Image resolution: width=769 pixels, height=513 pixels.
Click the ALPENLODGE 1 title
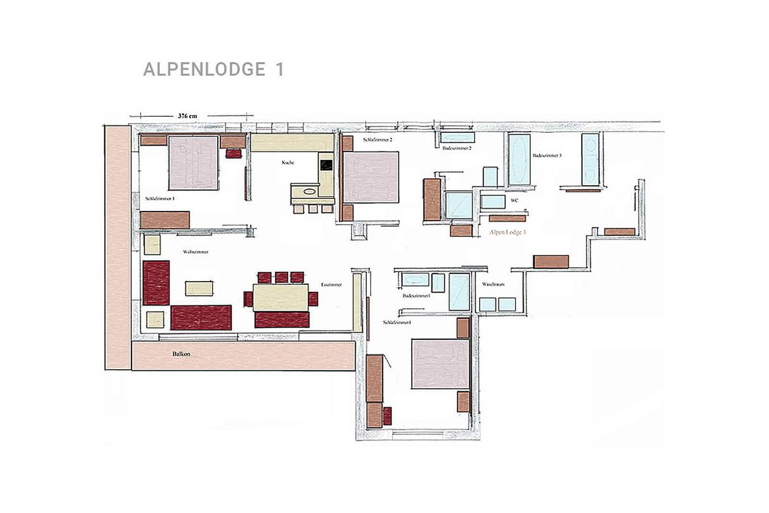(213, 70)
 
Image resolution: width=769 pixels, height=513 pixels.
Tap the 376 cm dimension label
(187, 116)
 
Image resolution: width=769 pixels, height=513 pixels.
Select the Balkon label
(181, 354)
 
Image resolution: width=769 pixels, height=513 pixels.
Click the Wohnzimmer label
(195, 251)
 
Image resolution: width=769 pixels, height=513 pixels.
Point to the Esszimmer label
(331, 284)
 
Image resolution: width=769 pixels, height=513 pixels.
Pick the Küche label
(288, 162)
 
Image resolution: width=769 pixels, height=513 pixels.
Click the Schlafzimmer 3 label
(159, 198)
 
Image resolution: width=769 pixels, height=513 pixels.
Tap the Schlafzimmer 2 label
(378, 139)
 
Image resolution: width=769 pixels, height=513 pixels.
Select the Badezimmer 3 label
(547, 155)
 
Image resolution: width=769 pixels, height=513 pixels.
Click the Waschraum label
(493, 284)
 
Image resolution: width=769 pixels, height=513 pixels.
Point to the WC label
(514, 200)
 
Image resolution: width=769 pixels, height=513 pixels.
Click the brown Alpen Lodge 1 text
(508, 232)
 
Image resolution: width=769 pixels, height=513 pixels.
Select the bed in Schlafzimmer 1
(440, 364)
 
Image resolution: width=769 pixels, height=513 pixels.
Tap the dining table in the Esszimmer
(281, 298)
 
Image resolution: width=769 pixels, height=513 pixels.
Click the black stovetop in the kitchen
(326, 165)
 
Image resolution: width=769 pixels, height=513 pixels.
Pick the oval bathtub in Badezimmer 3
(519, 160)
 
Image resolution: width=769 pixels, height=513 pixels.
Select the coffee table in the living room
(200, 288)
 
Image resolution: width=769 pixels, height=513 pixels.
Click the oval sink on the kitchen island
(309, 192)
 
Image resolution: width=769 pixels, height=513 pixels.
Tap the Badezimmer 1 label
(416, 296)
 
